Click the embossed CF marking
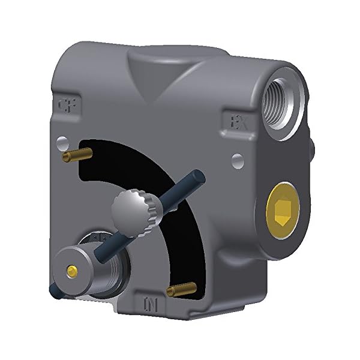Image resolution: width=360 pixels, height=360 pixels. pos(71,104)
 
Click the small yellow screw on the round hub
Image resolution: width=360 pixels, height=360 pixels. pos(73,271)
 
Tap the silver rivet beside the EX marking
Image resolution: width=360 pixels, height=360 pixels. pos(238,160)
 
